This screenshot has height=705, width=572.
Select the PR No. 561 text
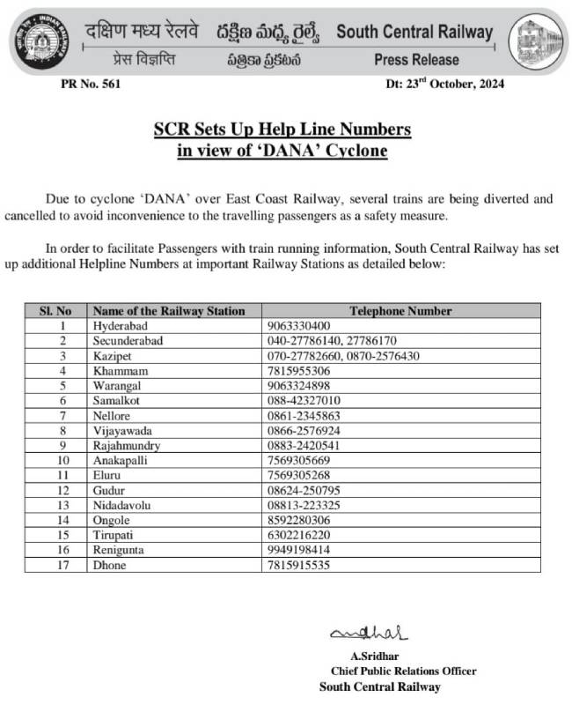point(92,85)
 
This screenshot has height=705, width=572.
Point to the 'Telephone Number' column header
point(400,311)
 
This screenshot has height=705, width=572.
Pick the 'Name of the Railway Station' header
point(168,311)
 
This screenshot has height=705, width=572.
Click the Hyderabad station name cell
point(121,325)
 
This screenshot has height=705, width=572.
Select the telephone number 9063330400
point(299,325)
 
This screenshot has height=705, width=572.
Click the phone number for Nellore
point(303,415)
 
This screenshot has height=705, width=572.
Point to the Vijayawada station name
point(123,430)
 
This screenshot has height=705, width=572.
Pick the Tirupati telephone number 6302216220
point(299,535)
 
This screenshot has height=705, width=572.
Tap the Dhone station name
point(109,565)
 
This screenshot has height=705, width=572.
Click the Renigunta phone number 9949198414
point(299,550)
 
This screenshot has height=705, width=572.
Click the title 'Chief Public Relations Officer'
point(403,671)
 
